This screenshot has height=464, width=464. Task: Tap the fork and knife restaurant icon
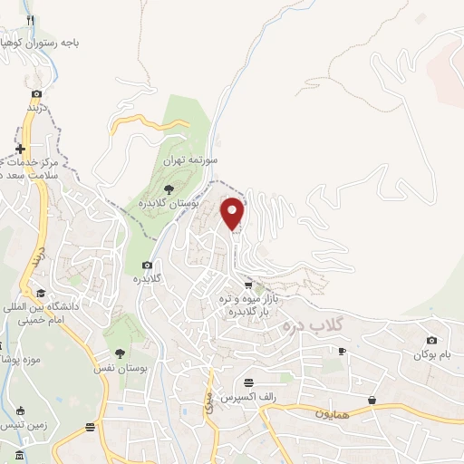[x=31, y=19]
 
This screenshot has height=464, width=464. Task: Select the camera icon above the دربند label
[x=36, y=93]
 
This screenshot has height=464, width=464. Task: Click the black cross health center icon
[x=20, y=149]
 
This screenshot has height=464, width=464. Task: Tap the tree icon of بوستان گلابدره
[x=169, y=188]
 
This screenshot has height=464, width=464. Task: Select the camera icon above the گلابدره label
[x=147, y=266]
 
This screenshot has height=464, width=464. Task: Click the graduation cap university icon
[x=41, y=293]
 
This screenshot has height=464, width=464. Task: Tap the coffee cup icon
[x=342, y=350]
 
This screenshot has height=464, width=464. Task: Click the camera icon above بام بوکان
[x=430, y=340]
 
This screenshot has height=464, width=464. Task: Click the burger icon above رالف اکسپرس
[x=248, y=383]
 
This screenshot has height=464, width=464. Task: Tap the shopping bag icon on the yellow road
[x=372, y=400]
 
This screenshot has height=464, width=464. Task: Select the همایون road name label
[x=307, y=413]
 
